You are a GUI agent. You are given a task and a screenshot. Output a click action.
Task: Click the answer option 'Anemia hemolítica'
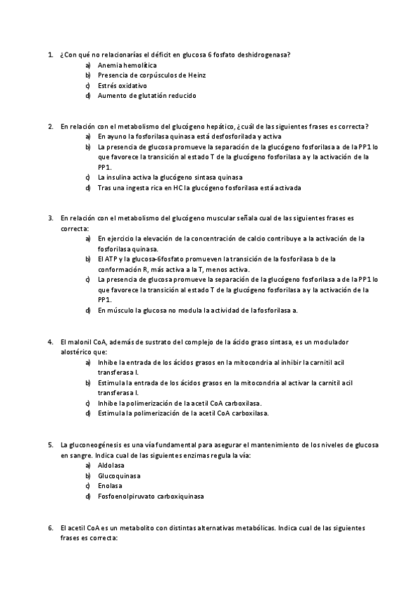(x=127, y=64)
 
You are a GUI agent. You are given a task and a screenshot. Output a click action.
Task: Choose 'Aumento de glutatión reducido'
(x=147, y=95)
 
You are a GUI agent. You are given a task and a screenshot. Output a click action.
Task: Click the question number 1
(x=50, y=54)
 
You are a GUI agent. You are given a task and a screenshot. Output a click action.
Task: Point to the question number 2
(x=50, y=126)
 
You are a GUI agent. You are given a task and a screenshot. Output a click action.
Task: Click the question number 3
(x=50, y=218)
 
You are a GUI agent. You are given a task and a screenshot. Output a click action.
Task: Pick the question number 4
(x=50, y=342)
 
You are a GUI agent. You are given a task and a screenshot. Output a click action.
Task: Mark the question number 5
(x=50, y=445)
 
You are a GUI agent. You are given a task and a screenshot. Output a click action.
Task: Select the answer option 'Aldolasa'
(x=113, y=465)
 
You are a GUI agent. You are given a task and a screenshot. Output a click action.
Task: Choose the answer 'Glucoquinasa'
(x=120, y=476)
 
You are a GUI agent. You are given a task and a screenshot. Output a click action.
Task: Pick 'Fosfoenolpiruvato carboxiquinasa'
(x=151, y=496)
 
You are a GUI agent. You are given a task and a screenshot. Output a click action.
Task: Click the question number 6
(x=50, y=528)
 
